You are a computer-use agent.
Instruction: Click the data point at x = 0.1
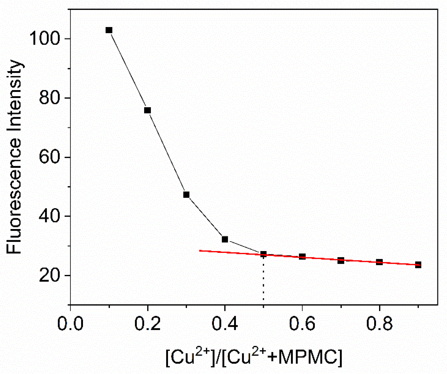pos(109,30)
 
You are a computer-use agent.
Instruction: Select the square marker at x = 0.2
pos(148,110)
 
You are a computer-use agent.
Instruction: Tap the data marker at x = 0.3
pos(186,195)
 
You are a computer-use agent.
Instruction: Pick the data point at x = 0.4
pos(225,239)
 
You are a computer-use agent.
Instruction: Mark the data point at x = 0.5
pos(263,254)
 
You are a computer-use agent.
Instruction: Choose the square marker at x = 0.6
pos(302,257)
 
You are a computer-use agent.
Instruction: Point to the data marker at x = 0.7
pos(341,260)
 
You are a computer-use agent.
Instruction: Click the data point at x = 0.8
pos(379,262)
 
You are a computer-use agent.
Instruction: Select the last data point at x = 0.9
pos(418,265)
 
